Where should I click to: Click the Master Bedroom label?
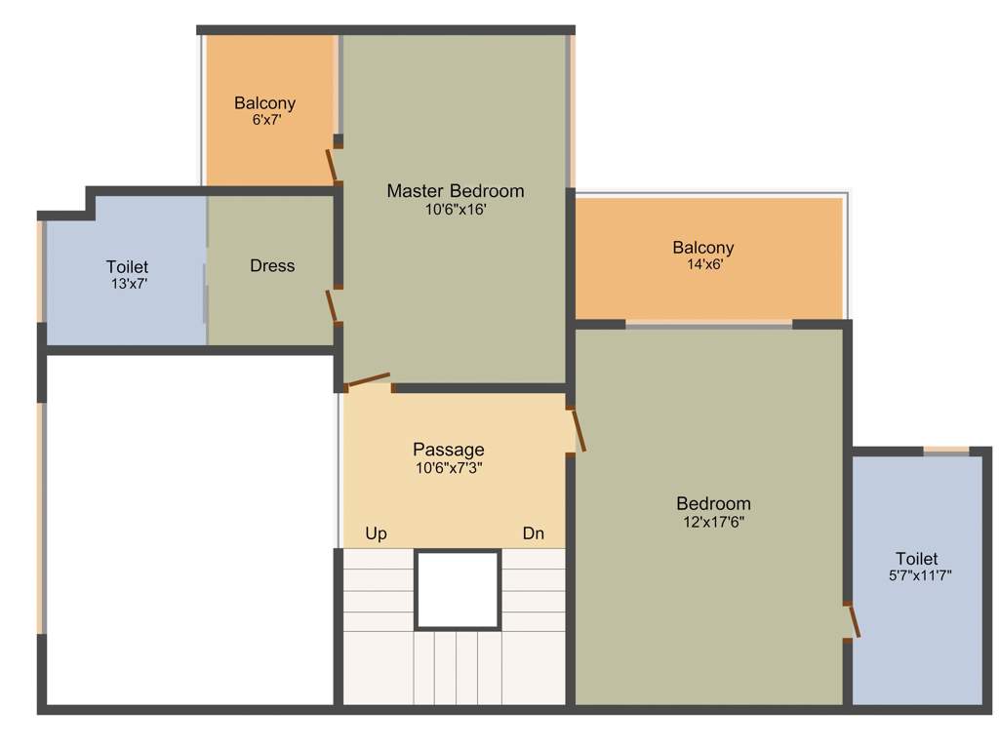pyautogui.click(x=455, y=191)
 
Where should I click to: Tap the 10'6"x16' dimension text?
pyautogui.click(x=455, y=209)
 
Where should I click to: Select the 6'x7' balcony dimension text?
pyautogui.click(x=265, y=120)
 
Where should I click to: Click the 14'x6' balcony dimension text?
pyautogui.click(x=702, y=263)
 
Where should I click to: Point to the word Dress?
pyautogui.click(x=272, y=265)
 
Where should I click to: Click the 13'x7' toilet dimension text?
pyautogui.click(x=127, y=284)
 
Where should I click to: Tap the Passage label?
pyautogui.click(x=448, y=450)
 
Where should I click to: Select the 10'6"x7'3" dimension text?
pyautogui.click(x=448, y=467)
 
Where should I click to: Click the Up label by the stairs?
pyautogui.click(x=376, y=533)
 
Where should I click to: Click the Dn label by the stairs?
pyautogui.click(x=533, y=533)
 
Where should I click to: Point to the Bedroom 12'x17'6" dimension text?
pyautogui.click(x=714, y=522)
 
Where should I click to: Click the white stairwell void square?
pyautogui.click(x=458, y=590)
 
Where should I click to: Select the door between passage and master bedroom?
pyautogui.click(x=369, y=380)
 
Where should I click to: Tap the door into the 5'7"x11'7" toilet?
pyautogui.click(x=853, y=620)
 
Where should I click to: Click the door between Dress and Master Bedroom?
pyautogui.click(x=332, y=305)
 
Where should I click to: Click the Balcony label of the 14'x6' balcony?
pyautogui.click(x=702, y=248)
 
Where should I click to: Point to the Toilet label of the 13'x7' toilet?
pyautogui.click(x=127, y=266)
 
